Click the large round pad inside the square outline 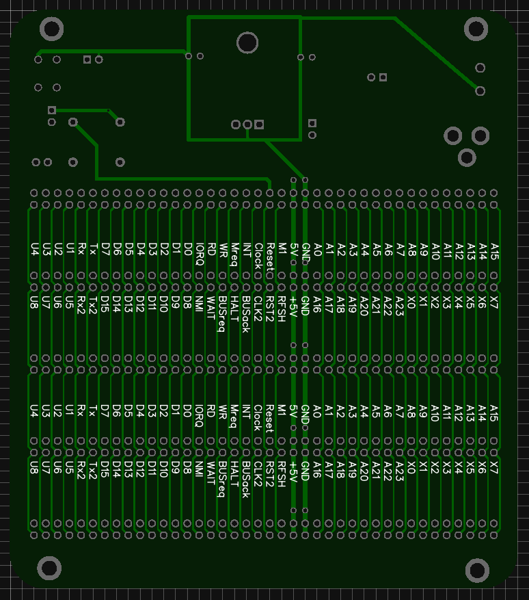click(x=247, y=43)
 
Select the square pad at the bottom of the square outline click(x=259, y=125)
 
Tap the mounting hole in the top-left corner click(x=52, y=29)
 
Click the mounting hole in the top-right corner click(x=476, y=29)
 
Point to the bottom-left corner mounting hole click(x=49, y=568)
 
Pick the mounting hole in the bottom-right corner click(x=477, y=570)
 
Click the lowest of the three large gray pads click(x=467, y=157)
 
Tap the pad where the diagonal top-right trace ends click(x=480, y=90)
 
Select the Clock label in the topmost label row click(x=258, y=255)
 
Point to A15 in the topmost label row click(x=494, y=251)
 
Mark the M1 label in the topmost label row click(x=281, y=248)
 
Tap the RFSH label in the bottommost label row click(x=281, y=473)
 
